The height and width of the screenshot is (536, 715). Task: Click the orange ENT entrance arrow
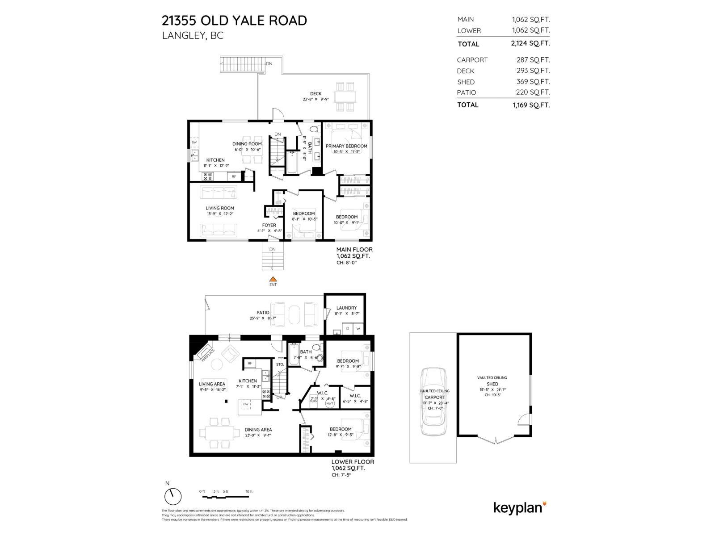[273, 279]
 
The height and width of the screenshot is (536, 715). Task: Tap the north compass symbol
[173, 496]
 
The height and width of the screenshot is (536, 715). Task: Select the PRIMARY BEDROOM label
[346, 146]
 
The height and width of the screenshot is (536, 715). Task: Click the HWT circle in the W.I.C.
[330, 403]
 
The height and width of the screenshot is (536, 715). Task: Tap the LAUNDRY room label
[346, 308]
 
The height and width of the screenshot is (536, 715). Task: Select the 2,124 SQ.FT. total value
[530, 44]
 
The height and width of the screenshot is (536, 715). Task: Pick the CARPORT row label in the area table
[472, 60]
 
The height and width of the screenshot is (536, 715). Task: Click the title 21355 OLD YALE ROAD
[234, 21]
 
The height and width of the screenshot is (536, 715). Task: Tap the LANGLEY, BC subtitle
[192, 36]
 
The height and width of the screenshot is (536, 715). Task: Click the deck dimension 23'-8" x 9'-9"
[315, 99]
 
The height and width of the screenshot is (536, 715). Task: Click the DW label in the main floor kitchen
[194, 142]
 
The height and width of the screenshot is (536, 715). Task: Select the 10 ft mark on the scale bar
[249, 491]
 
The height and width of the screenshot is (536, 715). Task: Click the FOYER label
[269, 225]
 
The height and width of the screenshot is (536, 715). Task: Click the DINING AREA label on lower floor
[258, 430]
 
